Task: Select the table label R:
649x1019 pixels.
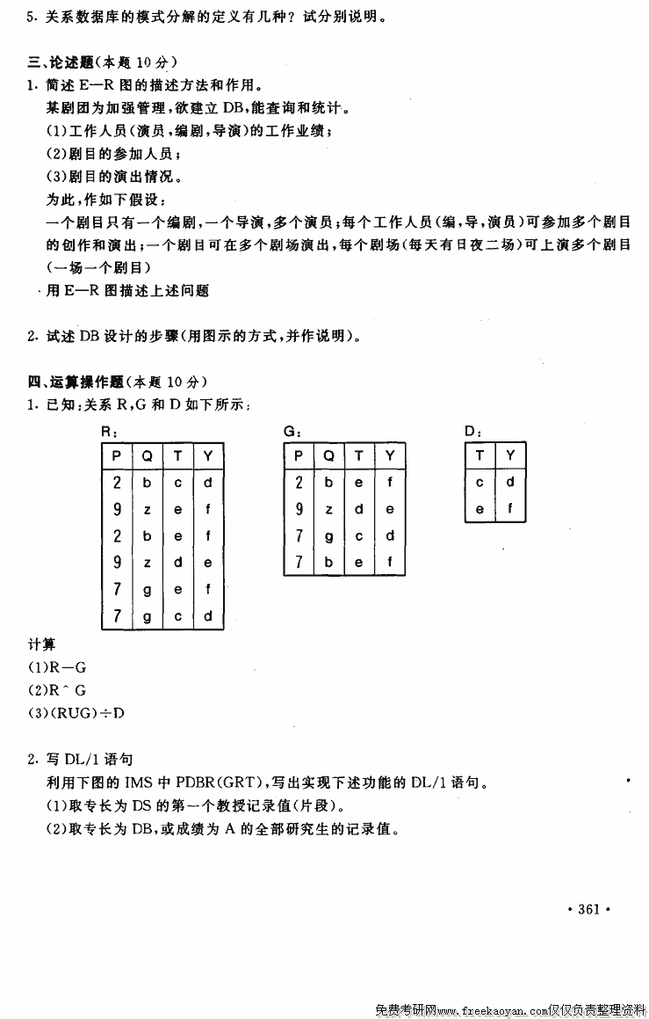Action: coord(110,432)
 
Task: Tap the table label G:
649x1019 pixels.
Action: coord(293,432)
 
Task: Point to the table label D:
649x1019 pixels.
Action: coord(472,432)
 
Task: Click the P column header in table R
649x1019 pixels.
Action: coord(117,455)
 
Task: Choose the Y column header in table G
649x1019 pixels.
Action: coord(390,455)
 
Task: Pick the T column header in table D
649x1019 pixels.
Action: coord(480,455)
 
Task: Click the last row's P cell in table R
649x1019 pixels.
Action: coord(117,616)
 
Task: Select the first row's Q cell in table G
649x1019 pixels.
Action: coord(329,482)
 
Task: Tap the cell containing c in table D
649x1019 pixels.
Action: coord(480,482)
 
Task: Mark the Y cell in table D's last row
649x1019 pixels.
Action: coord(510,508)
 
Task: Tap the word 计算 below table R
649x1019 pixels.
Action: coord(40,644)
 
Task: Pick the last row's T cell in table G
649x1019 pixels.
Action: coord(359,562)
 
